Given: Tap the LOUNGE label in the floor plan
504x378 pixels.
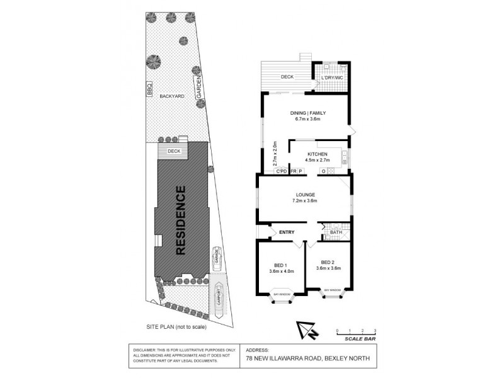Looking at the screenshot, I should pos(304,195).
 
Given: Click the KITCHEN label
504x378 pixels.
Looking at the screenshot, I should pos(316,154).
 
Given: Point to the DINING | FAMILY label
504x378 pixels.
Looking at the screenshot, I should pos(305,113).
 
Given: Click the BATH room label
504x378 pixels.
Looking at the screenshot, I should pos(336,232).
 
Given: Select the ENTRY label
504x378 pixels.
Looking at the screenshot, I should pos(287,232).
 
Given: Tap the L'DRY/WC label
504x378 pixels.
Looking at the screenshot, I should pos(331,77).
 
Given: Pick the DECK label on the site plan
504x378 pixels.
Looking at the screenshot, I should pos(174,151).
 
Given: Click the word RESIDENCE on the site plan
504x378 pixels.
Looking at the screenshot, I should pos(181,220).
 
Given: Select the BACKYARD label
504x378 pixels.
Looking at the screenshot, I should pos(171,96).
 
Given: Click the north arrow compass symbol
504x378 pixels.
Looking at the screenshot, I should pos(306,331).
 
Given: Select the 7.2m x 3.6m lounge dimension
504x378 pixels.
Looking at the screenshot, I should pos(304,201).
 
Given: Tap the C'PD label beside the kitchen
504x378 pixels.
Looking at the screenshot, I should pos(281,171).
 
